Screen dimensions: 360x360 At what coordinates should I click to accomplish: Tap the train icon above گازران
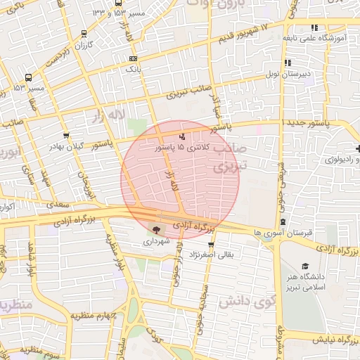point(84,33)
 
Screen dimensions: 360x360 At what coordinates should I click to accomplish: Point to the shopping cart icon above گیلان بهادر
point(66,136)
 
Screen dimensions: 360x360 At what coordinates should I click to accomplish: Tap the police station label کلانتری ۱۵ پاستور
point(182,148)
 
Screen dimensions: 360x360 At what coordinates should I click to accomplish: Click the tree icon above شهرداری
point(156,229)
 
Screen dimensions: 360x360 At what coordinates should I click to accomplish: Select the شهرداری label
point(156,240)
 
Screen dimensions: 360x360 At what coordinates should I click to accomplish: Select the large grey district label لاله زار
point(112,115)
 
